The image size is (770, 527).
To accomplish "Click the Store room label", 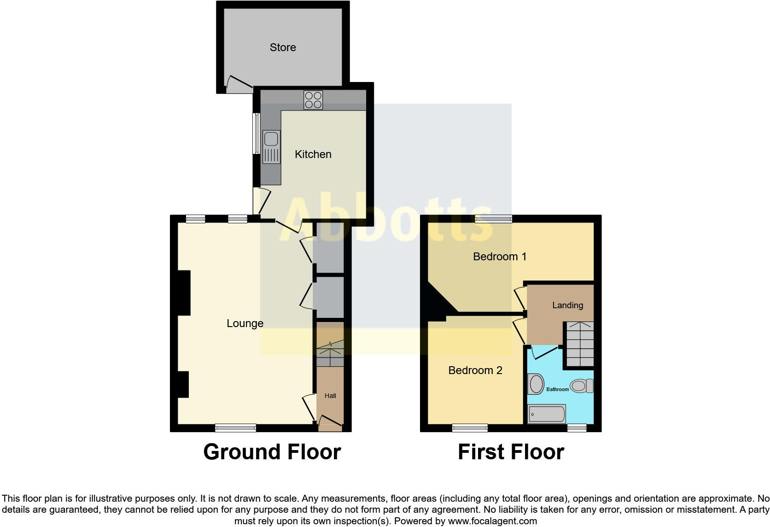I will (x=283, y=47).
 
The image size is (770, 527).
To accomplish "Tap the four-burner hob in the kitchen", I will (x=313, y=100).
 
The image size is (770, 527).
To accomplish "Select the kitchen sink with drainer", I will (x=271, y=147).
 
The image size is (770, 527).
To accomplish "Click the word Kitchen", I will (x=313, y=154).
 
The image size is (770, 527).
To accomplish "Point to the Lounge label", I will (x=245, y=323).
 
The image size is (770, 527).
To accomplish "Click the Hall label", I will (x=330, y=396).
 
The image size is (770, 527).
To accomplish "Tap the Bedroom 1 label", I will (x=500, y=257).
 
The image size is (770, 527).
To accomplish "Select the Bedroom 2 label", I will (x=475, y=370).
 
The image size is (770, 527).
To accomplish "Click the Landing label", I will (x=567, y=305).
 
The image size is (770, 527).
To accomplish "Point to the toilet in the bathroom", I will (x=581, y=386).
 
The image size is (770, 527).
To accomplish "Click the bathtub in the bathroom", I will (x=547, y=414).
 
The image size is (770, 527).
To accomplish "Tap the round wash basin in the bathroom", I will (x=536, y=384).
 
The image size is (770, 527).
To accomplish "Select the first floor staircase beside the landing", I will (x=579, y=344).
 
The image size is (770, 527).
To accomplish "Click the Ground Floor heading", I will (x=272, y=452).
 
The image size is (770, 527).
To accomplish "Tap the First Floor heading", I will (x=511, y=452).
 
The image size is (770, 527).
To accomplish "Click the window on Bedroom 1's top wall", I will (x=493, y=219).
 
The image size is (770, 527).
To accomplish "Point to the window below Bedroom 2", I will (x=470, y=428).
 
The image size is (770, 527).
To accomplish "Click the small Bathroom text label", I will (x=557, y=389).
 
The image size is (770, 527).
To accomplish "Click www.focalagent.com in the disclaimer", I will (x=492, y=521).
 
